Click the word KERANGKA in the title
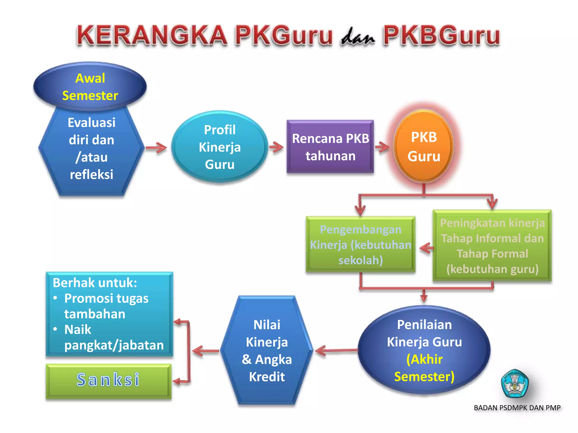(152, 36)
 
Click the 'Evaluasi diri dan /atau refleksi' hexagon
(91, 149)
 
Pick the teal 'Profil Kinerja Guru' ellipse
(220, 147)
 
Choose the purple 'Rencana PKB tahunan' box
(330, 147)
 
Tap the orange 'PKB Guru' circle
(424, 146)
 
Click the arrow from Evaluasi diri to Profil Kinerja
(156, 147)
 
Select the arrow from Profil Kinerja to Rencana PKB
(276, 147)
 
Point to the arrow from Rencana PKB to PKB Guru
(382, 147)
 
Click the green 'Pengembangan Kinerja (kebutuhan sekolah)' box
(360, 244)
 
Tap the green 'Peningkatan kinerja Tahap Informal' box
(492, 246)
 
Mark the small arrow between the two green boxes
(426, 248)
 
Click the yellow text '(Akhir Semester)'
(424, 368)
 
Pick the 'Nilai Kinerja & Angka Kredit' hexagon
(267, 350)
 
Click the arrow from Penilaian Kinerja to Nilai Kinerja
(336, 351)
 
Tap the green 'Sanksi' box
(108, 380)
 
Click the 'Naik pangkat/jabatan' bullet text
(113, 337)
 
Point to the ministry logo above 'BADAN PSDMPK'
(514, 383)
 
